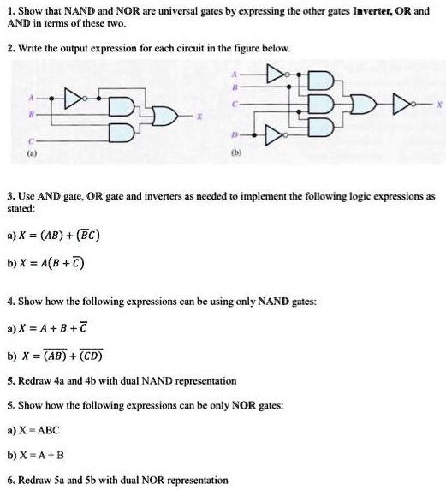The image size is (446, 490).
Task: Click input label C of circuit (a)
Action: pos(32,140)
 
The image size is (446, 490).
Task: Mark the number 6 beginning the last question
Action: pos(9,480)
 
